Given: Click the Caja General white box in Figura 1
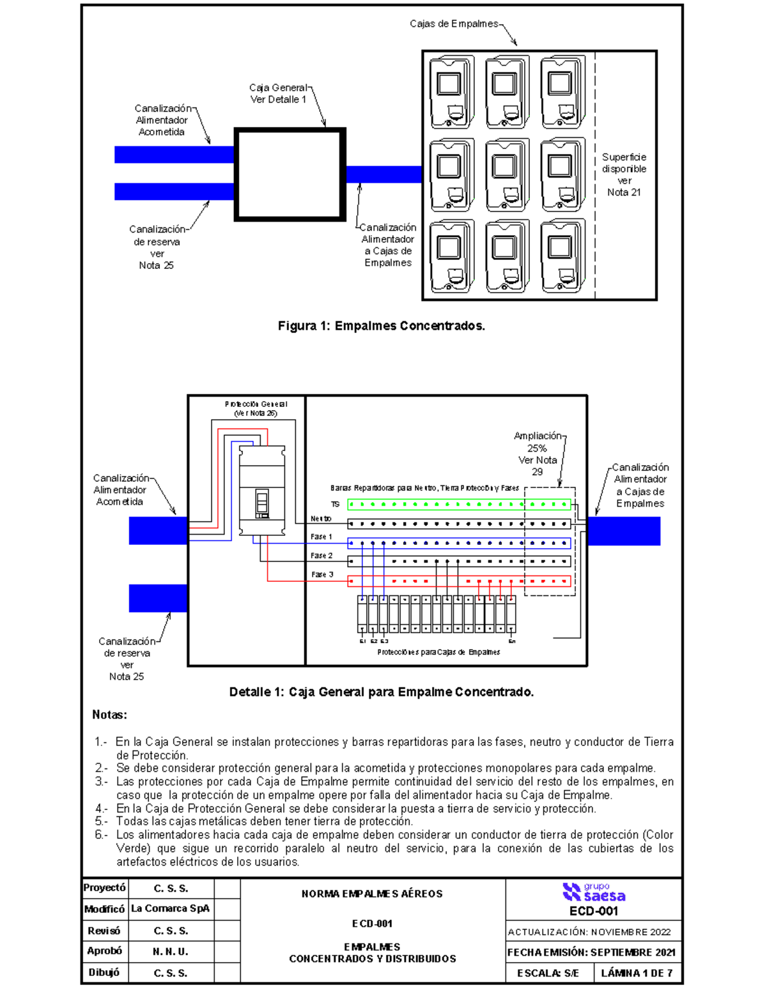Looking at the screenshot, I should click(290, 174).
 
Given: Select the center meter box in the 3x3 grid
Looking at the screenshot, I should click(507, 174).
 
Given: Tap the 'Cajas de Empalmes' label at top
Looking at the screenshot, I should click(454, 24).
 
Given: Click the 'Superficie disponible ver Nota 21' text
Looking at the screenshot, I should click(624, 174).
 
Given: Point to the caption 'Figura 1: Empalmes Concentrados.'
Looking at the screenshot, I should click(382, 326).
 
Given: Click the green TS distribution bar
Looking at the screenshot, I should click(459, 505).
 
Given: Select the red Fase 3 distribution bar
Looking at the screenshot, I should click(459, 581).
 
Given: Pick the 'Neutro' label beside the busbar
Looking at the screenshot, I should click(321, 519).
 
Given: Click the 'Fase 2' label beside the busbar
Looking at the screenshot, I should click(322, 556).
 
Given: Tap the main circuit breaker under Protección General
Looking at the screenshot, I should click(262, 491).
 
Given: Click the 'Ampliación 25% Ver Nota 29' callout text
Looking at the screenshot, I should click(538, 454).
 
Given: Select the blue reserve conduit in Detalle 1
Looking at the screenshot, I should click(158, 599).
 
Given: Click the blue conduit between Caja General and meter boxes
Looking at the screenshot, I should click(383, 174).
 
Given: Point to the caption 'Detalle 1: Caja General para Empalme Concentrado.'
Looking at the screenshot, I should click(382, 692).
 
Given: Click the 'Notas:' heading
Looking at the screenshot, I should click(110, 715).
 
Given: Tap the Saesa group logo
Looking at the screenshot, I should click(594, 892).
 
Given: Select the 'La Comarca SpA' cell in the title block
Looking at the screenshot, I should click(171, 908).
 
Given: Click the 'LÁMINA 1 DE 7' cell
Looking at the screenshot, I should click(637, 973).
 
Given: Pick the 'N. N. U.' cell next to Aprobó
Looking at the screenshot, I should click(171, 952).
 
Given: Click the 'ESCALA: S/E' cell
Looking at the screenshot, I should click(548, 973).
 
